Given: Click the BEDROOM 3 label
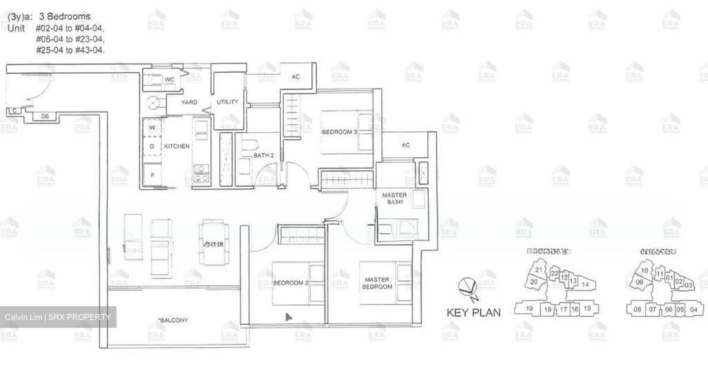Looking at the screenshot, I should (339, 132).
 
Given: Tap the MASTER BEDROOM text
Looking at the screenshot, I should (378, 283).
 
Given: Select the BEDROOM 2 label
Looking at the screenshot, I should (290, 284).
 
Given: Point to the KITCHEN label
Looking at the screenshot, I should (177, 146).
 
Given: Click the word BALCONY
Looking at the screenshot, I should (173, 320).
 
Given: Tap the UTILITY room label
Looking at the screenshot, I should (227, 102).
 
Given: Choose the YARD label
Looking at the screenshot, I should (189, 103).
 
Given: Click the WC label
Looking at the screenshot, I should (170, 80).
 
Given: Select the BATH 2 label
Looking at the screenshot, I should (264, 156).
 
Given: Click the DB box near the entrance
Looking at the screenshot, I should (45, 116).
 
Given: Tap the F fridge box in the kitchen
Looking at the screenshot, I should (151, 174).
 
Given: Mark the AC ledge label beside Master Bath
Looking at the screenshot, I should (406, 145).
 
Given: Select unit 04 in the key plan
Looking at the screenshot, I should (693, 309).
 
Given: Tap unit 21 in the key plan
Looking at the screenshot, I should (539, 270).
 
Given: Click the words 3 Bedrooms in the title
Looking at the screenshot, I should (68, 16).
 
